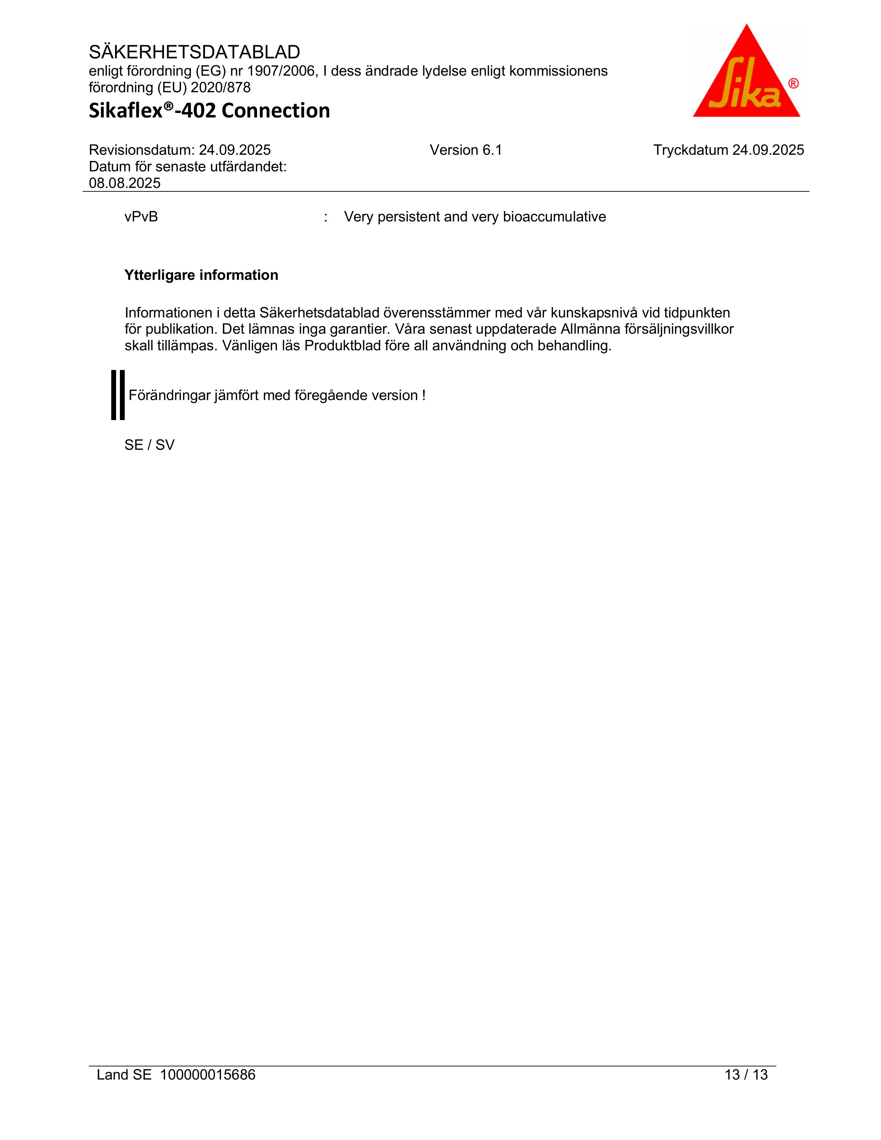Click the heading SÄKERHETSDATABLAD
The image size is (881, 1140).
tap(194, 52)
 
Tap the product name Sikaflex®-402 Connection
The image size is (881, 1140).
tap(209, 111)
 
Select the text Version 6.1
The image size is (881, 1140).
tap(466, 150)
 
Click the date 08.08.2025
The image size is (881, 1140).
tap(125, 183)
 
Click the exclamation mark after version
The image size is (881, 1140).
tap(424, 396)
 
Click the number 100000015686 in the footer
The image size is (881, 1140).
tap(208, 1075)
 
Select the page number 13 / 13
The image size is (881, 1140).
tap(746, 1075)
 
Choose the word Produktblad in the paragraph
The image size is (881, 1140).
tap(340, 345)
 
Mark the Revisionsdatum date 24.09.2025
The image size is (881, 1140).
tap(235, 150)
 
